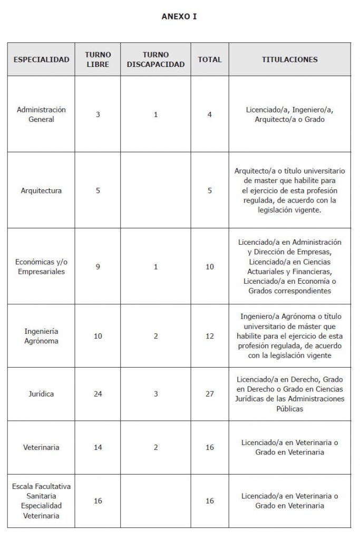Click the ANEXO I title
[x=179, y=17]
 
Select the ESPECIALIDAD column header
[x=41, y=60]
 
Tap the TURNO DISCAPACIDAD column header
[x=155, y=60]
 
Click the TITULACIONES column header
[x=289, y=60]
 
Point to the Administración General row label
[x=41, y=114]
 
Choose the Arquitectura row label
[x=41, y=190]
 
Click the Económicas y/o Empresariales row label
[x=41, y=267]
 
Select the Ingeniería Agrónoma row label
[x=41, y=336]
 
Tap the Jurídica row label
[x=41, y=394]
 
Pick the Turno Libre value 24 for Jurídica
[x=98, y=394]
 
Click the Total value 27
[x=210, y=394]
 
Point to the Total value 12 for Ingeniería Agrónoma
[x=210, y=336]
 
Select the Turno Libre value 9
[x=98, y=267]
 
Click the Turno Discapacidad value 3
[x=155, y=394]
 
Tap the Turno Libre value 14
[x=98, y=447]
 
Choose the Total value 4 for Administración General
[x=210, y=114]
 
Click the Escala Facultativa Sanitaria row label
[x=41, y=500]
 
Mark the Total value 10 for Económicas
[x=210, y=267]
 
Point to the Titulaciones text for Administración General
[x=289, y=114]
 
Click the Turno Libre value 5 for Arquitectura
[x=98, y=190]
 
